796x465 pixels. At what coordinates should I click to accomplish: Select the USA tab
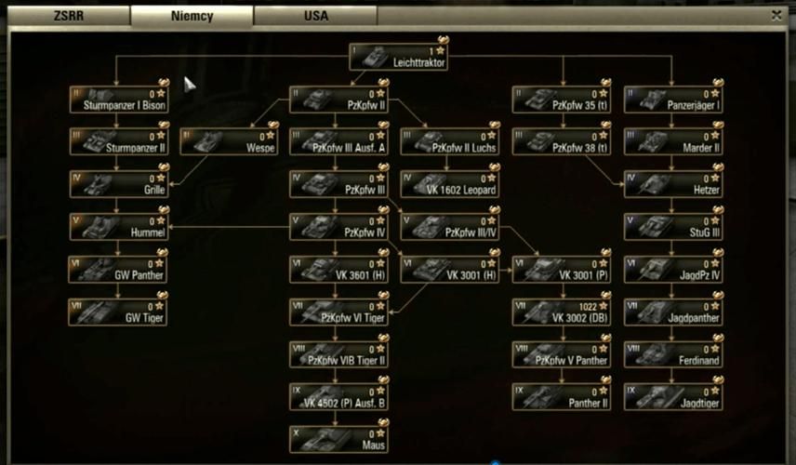[315, 16]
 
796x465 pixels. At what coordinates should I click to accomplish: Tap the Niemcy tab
[192, 16]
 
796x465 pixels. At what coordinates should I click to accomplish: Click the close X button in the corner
[776, 15]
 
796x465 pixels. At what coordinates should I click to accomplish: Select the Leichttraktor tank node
[399, 57]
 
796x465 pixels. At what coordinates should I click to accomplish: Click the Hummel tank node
[118, 227]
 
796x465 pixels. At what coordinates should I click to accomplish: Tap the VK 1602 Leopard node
[450, 184]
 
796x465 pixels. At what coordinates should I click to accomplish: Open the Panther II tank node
[561, 397]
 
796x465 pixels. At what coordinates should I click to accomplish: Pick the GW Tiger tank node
[118, 312]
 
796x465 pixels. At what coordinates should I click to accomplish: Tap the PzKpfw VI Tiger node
[338, 312]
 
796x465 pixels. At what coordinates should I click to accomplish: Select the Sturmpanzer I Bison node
[118, 100]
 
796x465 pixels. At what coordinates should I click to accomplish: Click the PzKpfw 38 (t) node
[561, 141]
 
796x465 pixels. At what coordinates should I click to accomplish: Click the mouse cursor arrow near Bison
[189, 85]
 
